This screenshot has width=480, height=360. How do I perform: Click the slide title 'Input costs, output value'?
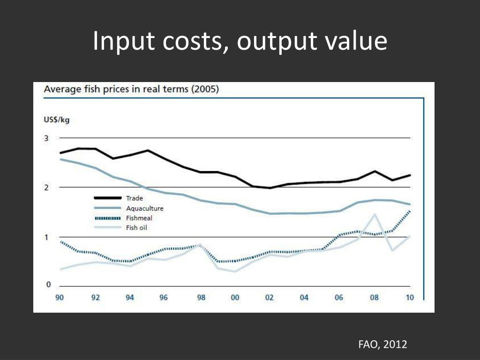[x=240, y=41]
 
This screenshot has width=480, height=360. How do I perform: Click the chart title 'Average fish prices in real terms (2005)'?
[x=131, y=89]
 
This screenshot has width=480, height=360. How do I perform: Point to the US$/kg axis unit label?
[x=57, y=120]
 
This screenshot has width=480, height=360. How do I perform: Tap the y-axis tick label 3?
[x=46, y=138]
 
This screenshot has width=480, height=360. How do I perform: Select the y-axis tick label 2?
[x=46, y=187]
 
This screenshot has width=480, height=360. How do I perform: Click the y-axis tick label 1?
[x=46, y=237]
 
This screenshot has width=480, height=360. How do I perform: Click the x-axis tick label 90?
[x=60, y=298]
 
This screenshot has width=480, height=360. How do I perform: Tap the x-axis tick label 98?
[x=201, y=298]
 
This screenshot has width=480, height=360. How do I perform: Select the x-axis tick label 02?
[x=269, y=298]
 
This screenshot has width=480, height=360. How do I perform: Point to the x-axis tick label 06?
[x=339, y=298]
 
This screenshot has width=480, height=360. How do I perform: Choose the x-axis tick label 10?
[x=410, y=298]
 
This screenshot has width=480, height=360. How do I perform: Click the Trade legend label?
[x=135, y=198]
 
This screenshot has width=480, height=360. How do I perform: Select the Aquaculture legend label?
[x=144, y=208]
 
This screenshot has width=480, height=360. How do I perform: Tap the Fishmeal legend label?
[x=139, y=218]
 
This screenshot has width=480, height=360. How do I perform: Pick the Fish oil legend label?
[x=137, y=228]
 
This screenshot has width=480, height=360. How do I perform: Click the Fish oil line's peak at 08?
[x=375, y=214]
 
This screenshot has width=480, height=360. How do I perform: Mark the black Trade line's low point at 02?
[x=270, y=188]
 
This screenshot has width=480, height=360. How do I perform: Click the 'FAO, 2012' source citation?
[x=382, y=345]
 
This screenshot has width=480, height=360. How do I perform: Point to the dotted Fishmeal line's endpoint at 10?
[x=410, y=211]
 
